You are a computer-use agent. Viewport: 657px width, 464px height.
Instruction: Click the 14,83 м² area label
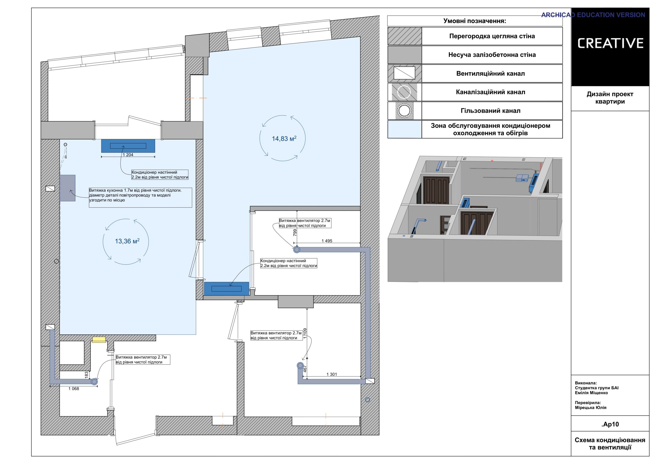pos(284,139)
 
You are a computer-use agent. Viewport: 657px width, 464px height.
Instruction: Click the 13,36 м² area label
pos(127,241)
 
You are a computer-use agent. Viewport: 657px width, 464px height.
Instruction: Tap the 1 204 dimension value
pos(128,155)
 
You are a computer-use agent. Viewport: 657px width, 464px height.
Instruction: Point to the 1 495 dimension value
pos(327,241)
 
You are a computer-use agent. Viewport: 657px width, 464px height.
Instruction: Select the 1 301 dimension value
pos(332,374)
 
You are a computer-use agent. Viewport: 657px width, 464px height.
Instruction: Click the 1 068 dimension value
pos(74,389)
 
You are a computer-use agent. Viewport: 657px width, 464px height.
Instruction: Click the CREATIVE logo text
pos(610,43)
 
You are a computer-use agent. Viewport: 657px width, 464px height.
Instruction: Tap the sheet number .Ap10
pos(610,424)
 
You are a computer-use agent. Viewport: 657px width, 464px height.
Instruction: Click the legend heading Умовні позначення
pos(475,21)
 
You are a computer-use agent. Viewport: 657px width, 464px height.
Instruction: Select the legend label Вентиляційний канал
pos(490,74)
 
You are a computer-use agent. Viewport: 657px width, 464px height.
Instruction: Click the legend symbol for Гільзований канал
pos(404,111)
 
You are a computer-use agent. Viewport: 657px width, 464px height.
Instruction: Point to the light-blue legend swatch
pos(405,129)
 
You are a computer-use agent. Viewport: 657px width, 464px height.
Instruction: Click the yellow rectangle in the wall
pos(99,339)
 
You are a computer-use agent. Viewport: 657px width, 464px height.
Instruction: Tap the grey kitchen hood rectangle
pos(67,188)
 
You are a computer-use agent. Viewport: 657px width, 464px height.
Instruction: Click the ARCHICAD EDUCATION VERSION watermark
pos(593,15)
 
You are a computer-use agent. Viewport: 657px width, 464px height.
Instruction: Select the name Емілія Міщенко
pos(592,393)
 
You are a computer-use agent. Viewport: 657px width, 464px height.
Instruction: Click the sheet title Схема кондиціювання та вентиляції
pos(610,444)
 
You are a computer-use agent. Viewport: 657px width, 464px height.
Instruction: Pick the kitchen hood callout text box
pos(140,198)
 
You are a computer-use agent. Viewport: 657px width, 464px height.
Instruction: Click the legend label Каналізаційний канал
pos(490,92)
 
